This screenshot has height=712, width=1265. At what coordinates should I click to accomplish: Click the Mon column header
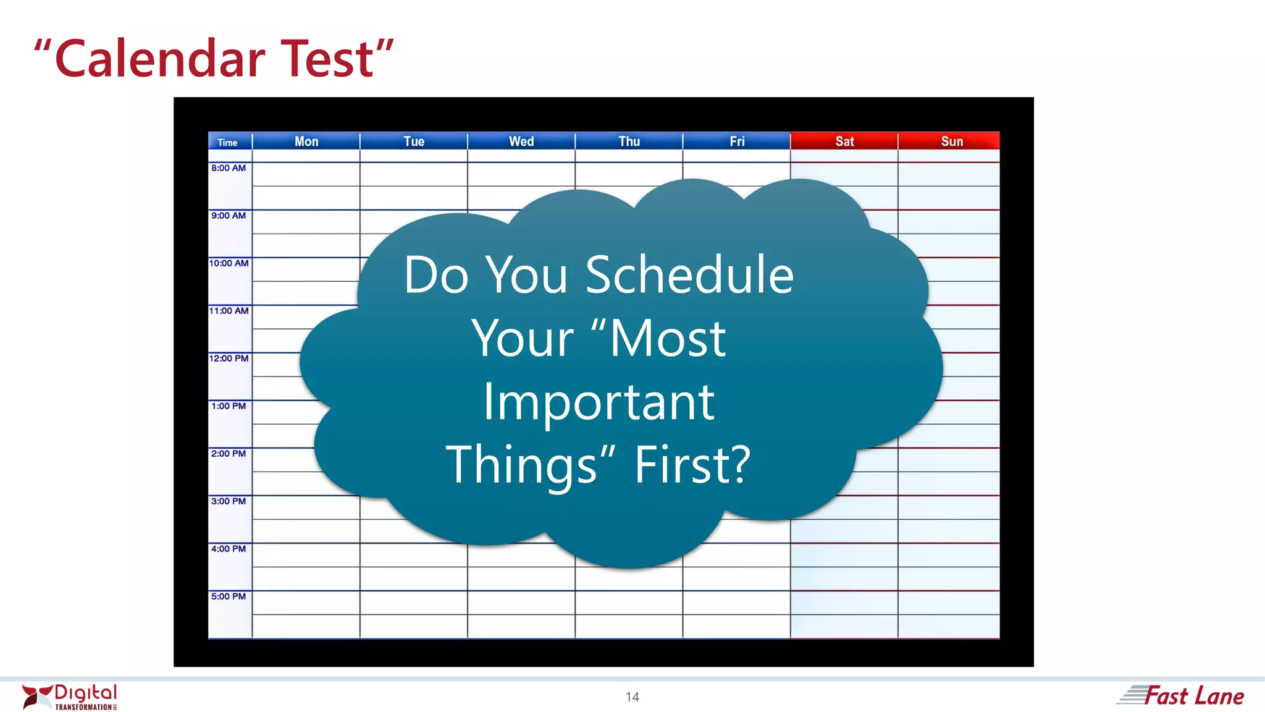[306, 142]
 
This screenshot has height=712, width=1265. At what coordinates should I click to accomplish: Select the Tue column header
[414, 142]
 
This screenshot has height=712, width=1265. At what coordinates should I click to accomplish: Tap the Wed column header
[521, 142]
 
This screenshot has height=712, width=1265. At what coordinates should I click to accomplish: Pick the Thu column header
[629, 142]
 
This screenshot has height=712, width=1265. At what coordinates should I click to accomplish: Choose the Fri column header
[737, 142]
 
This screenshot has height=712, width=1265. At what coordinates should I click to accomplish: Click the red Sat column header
[844, 142]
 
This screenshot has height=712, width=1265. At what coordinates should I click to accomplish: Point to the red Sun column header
[952, 142]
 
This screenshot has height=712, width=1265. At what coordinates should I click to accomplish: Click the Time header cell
[228, 143]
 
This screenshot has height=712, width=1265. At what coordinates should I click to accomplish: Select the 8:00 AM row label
[229, 168]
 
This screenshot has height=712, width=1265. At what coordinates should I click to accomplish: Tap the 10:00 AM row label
[229, 263]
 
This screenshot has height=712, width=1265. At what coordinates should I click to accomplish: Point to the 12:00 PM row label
[229, 358]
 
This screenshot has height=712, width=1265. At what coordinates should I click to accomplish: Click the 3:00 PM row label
[229, 501]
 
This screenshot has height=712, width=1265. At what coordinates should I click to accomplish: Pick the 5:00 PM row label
[229, 596]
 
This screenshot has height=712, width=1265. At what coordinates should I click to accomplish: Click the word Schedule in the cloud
[689, 275]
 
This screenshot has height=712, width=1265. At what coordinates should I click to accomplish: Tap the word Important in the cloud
[599, 402]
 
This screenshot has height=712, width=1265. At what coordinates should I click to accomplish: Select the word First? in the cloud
[692, 465]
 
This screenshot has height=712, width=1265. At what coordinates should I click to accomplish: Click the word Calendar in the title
[161, 59]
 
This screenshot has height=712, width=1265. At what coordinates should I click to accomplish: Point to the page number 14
[632, 697]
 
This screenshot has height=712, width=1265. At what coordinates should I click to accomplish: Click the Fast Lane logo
[1181, 696]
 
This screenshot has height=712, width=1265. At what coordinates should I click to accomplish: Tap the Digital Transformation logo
[70, 697]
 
